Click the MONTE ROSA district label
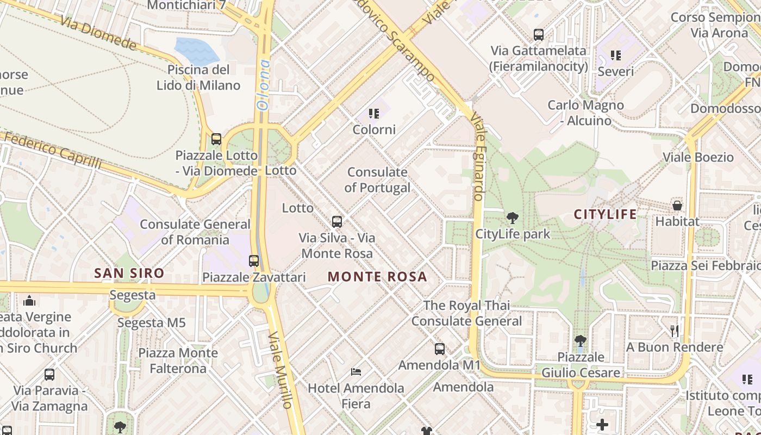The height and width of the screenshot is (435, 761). (x=377, y=277)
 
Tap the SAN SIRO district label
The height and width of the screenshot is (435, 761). (x=129, y=273)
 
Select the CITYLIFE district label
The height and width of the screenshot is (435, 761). (x=606, y=214)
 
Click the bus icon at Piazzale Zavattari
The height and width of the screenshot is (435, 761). (x=254, y=260)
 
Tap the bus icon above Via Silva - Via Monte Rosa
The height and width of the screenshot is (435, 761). (x=337, y=221)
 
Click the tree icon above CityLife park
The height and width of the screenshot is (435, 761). (x=512, y=219)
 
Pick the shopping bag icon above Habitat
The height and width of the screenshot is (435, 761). (x=677, y=206)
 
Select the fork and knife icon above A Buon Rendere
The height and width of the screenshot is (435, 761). (x=675, y=331)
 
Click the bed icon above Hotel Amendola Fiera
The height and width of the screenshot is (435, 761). (x=356, y=372)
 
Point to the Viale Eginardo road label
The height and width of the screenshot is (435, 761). (x=478, y=158)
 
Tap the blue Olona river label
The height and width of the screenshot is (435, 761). (x=264, y=84)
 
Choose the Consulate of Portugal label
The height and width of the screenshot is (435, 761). (x=377, y=180)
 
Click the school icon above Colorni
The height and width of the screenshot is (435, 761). (x=374, y=114)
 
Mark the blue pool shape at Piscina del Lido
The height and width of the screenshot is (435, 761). (x=196, y=51)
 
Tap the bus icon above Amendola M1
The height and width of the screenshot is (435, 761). (x=440, y=349)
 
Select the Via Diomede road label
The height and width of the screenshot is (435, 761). (x=98, y=32)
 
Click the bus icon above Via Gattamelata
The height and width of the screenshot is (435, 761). (x=539, y=35)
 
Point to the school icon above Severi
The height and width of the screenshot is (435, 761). (x=616, y=55)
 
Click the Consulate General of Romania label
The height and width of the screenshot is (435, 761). (x=195, y=232)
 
